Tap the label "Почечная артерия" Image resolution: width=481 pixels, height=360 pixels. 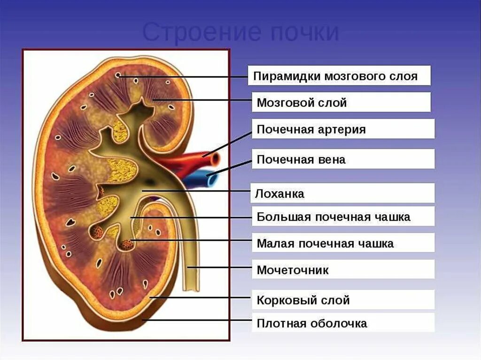343,129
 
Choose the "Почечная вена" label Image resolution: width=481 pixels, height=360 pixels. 343,160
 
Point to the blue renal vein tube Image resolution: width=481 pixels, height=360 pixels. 197,179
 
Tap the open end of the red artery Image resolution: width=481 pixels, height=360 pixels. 215,160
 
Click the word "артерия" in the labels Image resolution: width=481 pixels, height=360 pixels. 343,129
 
